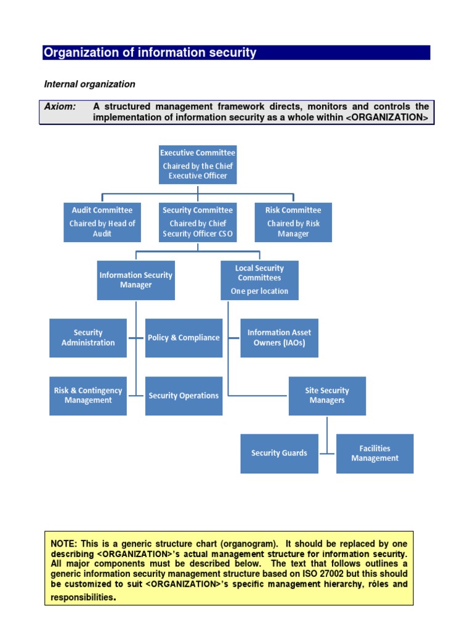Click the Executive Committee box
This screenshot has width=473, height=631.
point(198,164)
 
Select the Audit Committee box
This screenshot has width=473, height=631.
point(102,222)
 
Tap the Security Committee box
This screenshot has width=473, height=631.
point(198,222)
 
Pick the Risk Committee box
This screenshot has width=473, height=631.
point(293,222)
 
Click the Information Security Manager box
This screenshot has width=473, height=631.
point(136,280)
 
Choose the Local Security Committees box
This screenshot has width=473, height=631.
point(259,280)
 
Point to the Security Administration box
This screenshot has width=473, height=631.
point(88,338)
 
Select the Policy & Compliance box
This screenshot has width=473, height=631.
point(184,338)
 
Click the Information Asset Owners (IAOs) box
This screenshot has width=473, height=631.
point(279,338)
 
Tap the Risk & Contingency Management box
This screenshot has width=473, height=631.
point(88,396)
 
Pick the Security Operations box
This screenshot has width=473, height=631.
point(184,396)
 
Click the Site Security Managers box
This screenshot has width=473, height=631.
point(327,396)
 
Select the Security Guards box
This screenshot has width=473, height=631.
point(279,454)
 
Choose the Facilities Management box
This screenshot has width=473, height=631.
point(374,454)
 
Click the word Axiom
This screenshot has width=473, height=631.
point(60,107)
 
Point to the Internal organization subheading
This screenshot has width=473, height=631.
point(89,84)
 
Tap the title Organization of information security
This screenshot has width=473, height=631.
point(150,53)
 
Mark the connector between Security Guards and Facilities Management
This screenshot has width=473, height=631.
point(327,454)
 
